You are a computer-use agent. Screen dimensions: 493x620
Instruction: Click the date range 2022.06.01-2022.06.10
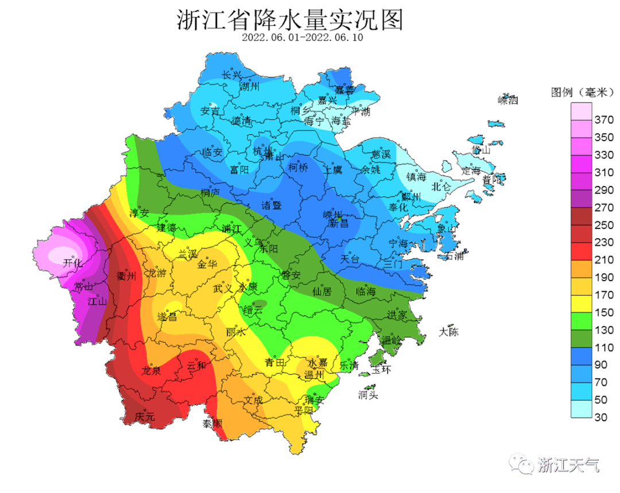point(303,37)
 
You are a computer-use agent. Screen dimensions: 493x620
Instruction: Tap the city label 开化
point(72,263)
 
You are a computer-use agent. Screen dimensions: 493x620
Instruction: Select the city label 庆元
point(145,417)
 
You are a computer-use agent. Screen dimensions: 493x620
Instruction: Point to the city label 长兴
point(232,75)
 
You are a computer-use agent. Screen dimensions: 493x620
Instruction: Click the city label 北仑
point(441,186)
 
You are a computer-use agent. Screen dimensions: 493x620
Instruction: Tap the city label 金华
point(207,265)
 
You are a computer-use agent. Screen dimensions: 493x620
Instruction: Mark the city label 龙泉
point(152,371)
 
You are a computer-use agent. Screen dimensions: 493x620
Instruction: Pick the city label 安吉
point(210,111)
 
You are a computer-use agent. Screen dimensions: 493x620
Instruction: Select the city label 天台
point(350,259)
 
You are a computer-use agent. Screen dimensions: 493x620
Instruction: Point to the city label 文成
point(253,399)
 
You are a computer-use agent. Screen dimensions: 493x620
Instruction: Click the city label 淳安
point(139,213)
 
